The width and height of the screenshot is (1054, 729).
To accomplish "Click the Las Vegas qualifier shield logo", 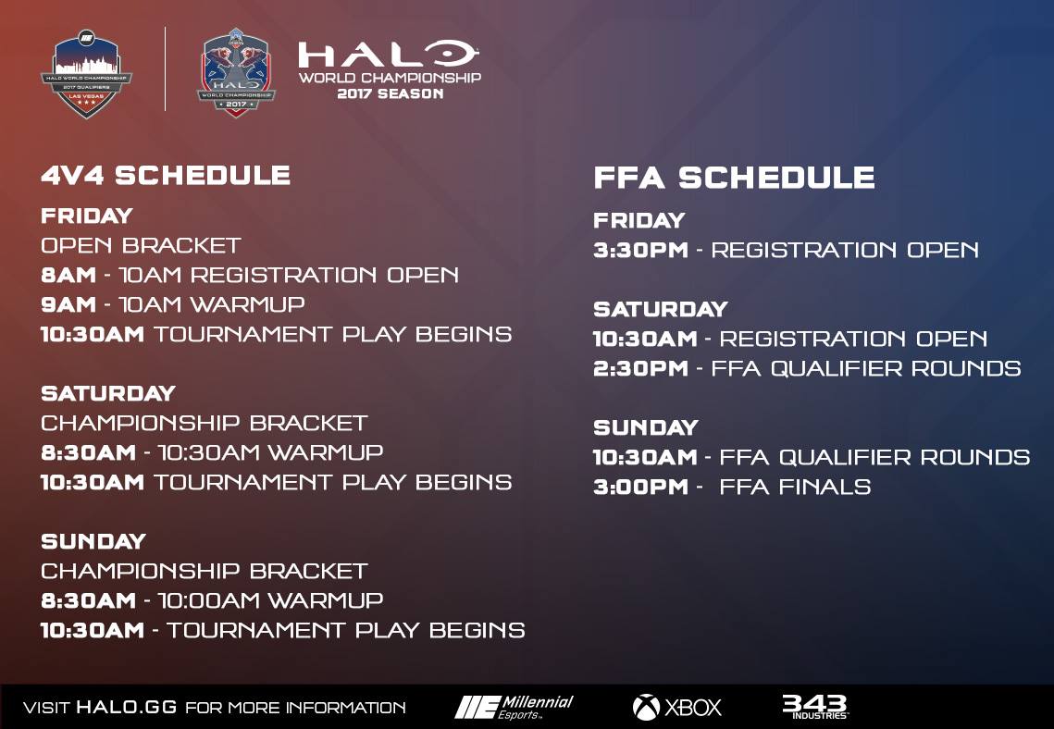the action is point(86,74).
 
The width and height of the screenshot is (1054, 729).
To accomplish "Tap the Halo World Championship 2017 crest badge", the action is point(236,72).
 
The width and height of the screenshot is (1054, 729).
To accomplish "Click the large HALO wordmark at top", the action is point(388,54).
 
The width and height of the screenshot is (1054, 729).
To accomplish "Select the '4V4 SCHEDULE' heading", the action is point(166,176).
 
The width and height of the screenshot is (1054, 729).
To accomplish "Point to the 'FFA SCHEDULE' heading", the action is point(734,178).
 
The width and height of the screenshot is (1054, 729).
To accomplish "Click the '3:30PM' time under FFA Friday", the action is point(640,250).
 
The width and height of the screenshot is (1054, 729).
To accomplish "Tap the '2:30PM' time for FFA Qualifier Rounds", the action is point(640,368).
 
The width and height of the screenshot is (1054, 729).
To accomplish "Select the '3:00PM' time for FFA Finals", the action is point(640,487).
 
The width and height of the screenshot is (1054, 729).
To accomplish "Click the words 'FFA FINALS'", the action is point(795,487).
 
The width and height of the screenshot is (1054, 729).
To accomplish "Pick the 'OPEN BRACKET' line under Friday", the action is point(141,245).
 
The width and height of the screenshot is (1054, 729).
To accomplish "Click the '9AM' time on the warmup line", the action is point(68,304).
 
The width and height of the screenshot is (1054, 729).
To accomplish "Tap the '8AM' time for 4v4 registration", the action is point(68,275).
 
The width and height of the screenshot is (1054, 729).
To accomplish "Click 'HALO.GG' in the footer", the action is point(127,707).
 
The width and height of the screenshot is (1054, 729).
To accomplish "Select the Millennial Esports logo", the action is point(515,707).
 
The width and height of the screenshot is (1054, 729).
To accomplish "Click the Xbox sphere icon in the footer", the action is point(646,707).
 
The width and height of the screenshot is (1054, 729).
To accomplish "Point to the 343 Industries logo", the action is point(814,706).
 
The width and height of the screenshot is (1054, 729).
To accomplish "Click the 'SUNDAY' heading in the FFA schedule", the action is point(646,427).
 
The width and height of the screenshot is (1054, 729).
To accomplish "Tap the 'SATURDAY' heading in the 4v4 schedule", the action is point(108,393).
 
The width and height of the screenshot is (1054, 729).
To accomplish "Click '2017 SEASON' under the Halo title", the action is point(390,93).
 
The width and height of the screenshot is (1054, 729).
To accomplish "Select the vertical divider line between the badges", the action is point(166,69).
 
